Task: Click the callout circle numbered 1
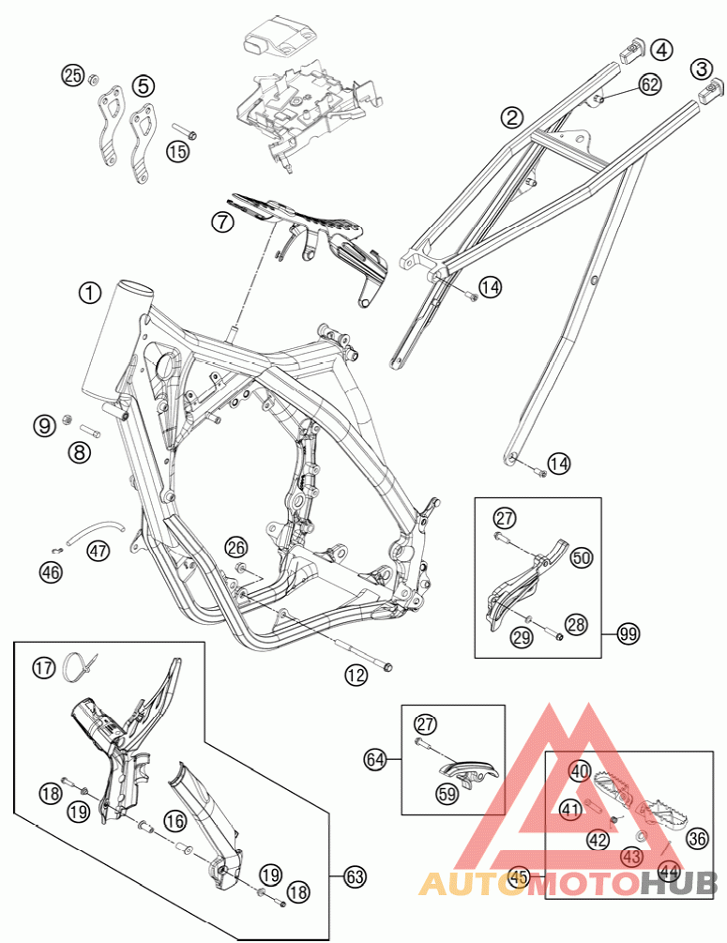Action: click(89, 293)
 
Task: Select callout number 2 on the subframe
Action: click(511, 117)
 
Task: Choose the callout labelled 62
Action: click(650, 84)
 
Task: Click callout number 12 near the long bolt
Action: click(355, 674)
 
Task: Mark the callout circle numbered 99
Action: click(628, 635)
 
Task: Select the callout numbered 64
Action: click(377, 756)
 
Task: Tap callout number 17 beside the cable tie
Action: click(43, 668)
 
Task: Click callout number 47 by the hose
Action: click(98, 550)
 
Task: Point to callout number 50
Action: click(582, 557)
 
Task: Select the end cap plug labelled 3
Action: click(711, 89)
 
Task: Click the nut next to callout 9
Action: click(68, 418)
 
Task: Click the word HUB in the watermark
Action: click(678, 883)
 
